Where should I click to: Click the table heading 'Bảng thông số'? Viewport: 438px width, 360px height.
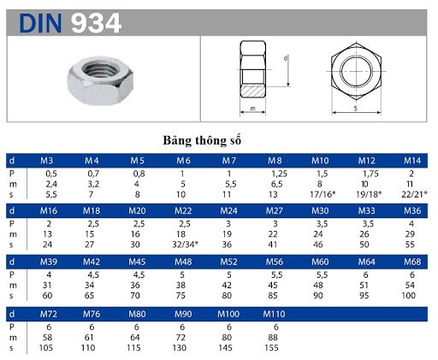point(202,139)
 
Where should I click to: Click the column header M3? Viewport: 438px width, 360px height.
point(50,161)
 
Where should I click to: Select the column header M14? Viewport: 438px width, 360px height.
point(411,161)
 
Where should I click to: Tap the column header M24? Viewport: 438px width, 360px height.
point(228,210)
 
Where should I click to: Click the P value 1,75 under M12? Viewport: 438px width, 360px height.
point(366,174)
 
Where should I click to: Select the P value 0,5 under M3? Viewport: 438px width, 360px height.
point(50,174)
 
